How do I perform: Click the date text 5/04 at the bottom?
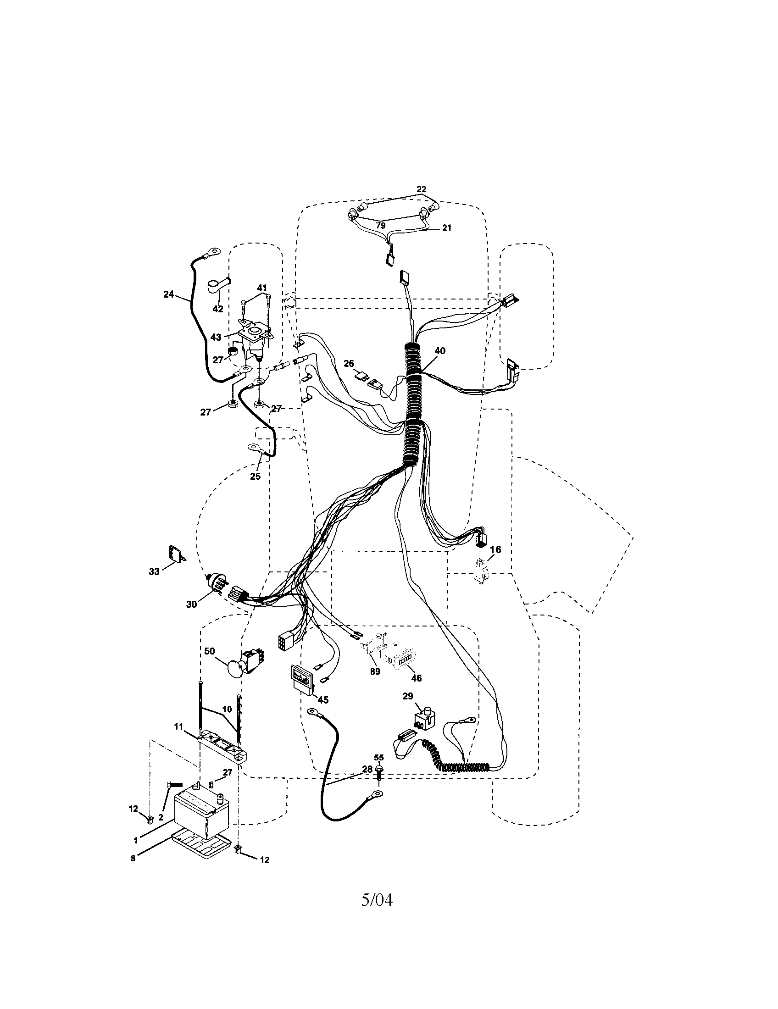[x=377, y=899]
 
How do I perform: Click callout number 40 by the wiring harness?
[x=440, y=351]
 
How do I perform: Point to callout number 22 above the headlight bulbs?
[x=421, y=189]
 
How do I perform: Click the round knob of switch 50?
[x=236, y=669]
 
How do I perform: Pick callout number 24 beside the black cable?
[x=169, y=294]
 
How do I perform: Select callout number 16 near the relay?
[x=495, y=550]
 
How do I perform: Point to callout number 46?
[x=416, y=678]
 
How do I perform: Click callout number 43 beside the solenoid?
[x=216, y=337]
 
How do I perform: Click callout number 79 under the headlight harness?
[x=380, y=226]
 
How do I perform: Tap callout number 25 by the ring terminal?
[x=255, y=477]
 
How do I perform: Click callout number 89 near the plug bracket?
[x=375, y=671]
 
